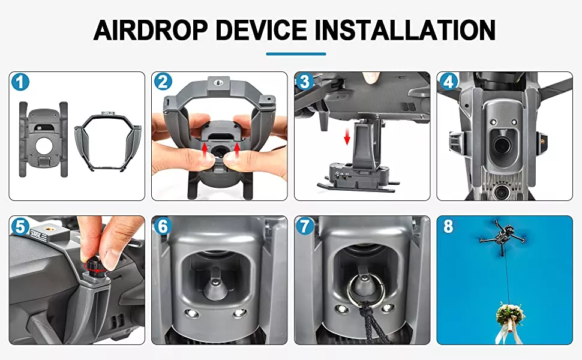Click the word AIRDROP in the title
(150, 30)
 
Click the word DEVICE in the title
(261, 30)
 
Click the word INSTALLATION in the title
(406, 30)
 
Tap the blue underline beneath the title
(296, 54)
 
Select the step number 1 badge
(20, 82)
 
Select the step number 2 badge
(163, 82)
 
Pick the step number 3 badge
(305, 82)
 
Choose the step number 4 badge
(448, 82)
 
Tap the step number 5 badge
(20, 226)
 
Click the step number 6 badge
(163, 226)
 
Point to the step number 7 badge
(305, 226)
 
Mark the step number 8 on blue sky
(448, 226)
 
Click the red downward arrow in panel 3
(347, 137)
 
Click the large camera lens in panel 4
(503, 145)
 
